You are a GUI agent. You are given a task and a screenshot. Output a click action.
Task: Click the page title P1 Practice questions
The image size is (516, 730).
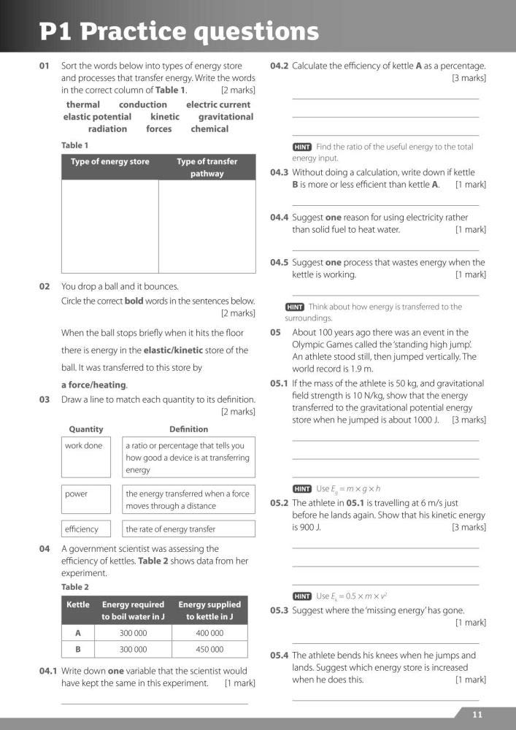(x=179, y=31)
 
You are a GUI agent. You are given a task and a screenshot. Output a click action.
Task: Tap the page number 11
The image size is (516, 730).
(x=477, y=715)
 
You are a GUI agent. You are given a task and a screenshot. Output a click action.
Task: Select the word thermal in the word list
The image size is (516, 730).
(x=83, y=104)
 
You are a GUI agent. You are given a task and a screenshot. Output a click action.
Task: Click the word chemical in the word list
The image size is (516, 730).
(x=209, y=129)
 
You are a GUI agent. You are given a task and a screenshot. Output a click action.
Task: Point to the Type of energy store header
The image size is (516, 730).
(x=109, y=162)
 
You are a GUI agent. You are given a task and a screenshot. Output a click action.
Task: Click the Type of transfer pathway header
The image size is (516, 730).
(x=207, y=168)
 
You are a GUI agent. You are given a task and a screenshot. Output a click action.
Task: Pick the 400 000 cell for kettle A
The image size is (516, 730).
(x=209, y=634)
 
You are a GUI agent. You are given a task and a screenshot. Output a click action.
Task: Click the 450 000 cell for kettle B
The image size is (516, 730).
(x=209, y=650)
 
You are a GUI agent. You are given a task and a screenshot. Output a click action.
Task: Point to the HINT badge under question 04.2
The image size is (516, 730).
(x=302, y=147)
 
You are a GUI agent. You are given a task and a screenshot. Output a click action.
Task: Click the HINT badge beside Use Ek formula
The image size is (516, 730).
(x=302, y=596)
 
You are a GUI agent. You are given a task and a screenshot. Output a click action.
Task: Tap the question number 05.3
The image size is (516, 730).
(x=280, y=610)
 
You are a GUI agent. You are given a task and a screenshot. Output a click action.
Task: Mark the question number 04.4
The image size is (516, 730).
(x=280, y=218)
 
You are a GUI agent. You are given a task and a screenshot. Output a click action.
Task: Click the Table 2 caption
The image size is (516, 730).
(x=75, y=587)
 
